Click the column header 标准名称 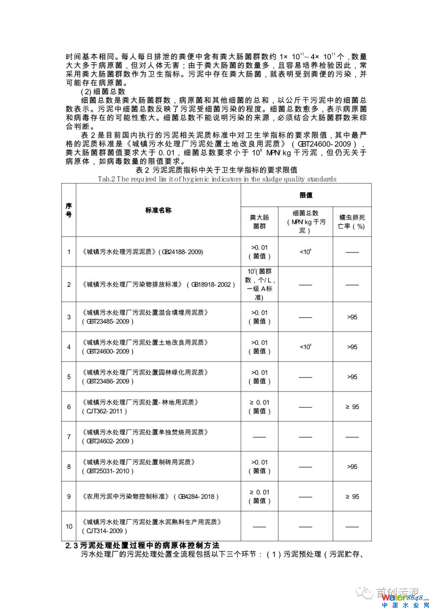(x=158, y=210)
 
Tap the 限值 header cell (x=306, y=195)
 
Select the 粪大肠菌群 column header (x=259, y=222)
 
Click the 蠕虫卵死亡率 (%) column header (x=352, y=222)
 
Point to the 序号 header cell (x=69, y=210)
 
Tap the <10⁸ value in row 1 (x=306, y=252)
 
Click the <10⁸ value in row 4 (x=306, y=347)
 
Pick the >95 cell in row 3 (x=352, y=317)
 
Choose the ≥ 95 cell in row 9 (x=352, y=497)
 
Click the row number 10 (x=69, y=526)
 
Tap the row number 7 (x=69, y=437)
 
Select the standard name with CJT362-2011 (x=140, y=407)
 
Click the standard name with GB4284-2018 (x=150, y=497)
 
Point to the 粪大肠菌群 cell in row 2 (x=259, y=284)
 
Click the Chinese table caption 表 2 (x=216, y=170)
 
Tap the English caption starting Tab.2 (x=217, y=179)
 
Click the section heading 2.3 (x=143, y=546)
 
